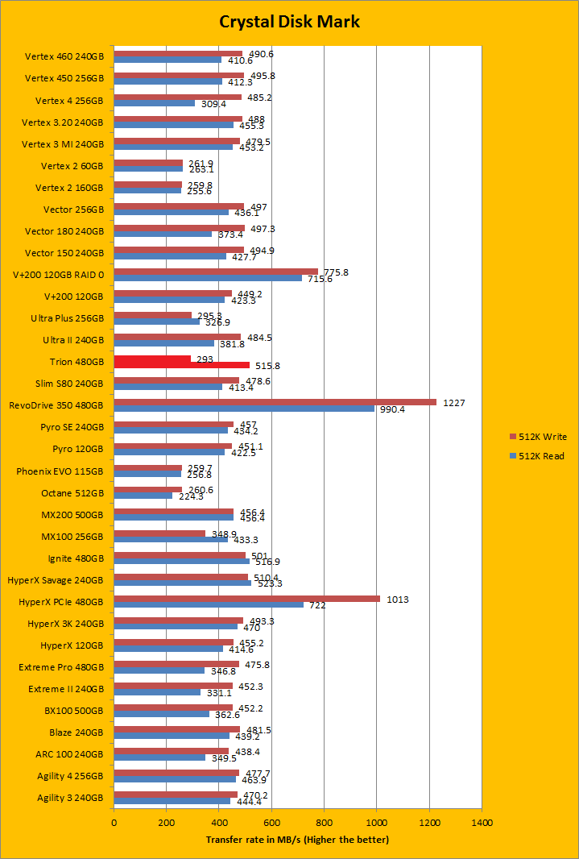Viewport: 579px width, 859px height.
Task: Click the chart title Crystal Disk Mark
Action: point(289,21)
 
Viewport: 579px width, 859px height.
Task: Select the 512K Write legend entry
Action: point(540,437)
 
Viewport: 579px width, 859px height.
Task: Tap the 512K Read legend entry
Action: point(540,456)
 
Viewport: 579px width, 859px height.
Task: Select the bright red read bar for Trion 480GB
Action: point(181,365)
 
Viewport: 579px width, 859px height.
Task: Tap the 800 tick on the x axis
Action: point(324,824)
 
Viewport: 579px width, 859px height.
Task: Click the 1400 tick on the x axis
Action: point(482,824)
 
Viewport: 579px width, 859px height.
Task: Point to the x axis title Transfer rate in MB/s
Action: point(297,840)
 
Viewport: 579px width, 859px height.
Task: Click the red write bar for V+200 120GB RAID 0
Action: point(216,272)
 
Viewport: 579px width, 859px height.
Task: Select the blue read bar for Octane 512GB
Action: point(143,496)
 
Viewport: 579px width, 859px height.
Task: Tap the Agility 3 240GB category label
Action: point(70,798)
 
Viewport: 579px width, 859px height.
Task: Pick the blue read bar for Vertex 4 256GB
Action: point(154,103)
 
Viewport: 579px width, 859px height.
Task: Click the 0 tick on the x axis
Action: point(114,824)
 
